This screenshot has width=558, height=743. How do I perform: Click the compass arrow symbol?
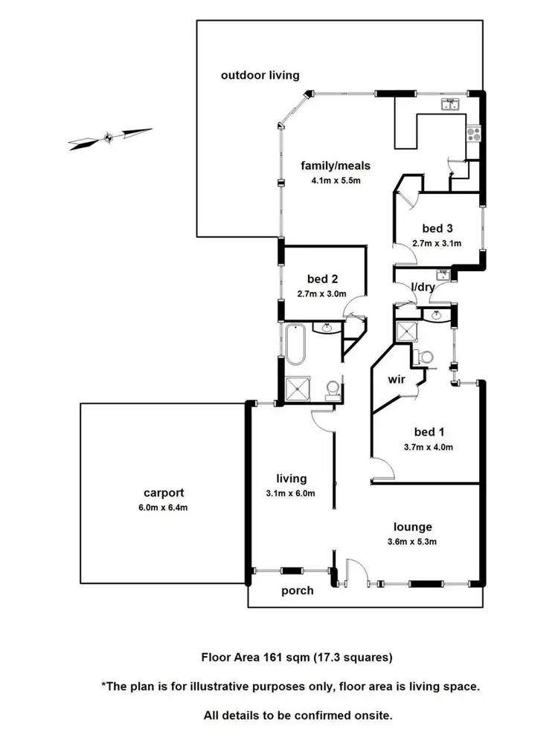click(109, 137)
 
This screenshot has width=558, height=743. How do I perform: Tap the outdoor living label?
click(260, 75)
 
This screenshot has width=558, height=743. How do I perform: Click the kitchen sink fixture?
click(451, 105)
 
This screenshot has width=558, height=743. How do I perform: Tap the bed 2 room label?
click(322, 279)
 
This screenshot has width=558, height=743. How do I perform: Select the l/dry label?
click(423, 287)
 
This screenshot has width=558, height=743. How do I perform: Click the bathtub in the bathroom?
click(295, 344)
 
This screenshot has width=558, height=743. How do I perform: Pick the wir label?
click(396, 379)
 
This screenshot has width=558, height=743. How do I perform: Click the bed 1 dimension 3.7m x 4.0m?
click(428, 447)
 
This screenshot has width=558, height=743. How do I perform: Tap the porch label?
click(297, 591)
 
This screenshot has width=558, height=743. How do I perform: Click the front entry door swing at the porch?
click(356, 571)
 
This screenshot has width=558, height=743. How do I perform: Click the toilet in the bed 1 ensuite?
click(426, 358)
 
